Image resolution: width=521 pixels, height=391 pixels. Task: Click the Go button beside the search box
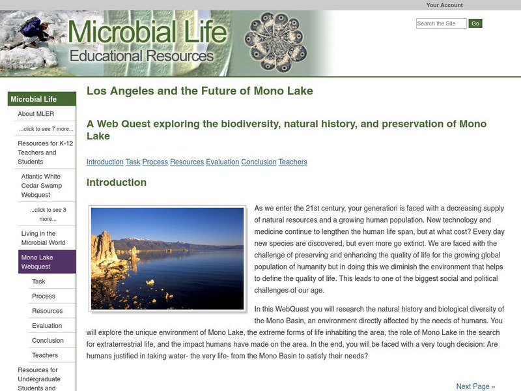475,23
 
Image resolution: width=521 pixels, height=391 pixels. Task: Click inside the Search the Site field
441,23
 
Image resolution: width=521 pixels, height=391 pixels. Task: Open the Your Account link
444,5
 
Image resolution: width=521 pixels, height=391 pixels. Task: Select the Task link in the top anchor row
133,162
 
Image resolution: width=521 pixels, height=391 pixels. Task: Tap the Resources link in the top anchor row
187,162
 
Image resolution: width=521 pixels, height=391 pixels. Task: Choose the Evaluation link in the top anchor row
223,162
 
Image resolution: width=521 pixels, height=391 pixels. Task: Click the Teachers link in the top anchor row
292,162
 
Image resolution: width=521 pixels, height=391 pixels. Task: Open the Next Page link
475,386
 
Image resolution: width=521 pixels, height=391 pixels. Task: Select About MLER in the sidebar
36,114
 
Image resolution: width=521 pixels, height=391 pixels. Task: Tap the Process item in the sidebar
44,296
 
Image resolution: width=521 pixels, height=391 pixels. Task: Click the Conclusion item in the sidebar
48,340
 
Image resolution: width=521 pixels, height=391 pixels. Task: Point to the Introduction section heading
117,182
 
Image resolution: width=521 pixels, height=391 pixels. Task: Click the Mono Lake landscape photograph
167,258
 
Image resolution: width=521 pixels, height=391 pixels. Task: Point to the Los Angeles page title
200,91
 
